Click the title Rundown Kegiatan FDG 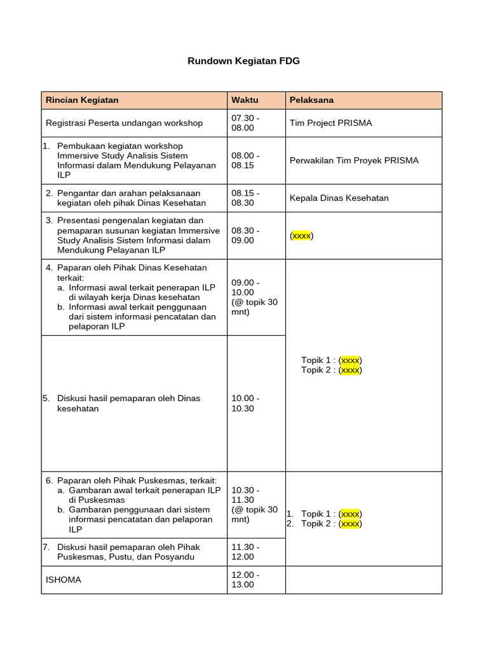tap(243, 61)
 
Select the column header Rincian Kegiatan tap(82, 100)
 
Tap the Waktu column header tap(245, 100)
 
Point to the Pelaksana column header tap(311, 100)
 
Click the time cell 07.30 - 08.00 tap(245, 123)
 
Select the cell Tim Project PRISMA tap(330, 123)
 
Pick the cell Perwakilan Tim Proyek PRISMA tap(354, 160)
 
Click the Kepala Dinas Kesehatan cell tap(339, 198)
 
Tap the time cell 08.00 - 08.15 tap(245, 160)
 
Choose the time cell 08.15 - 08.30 tap(245, 198)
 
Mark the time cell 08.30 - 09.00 tap(245, 235)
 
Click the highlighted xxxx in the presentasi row tap(302, 236)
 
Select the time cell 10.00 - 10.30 tap(245, 403)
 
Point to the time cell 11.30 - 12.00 tap(245, 552)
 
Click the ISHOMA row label tap(64, 580)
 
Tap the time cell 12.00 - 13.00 tap(245, 579)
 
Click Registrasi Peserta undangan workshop tap(125, 123)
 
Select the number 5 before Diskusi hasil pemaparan tap(45, 399)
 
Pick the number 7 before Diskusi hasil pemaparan tap(45, 547)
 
